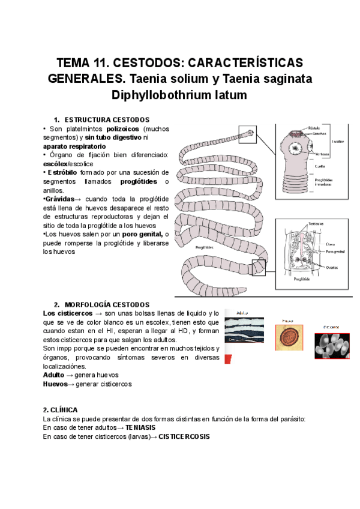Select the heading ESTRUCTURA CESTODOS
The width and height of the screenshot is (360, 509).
[107, 120]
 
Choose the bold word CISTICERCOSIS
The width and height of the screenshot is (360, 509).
[185, 436]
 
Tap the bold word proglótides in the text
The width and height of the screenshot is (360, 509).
[139, 181]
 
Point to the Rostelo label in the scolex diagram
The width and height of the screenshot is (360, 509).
[314, 127]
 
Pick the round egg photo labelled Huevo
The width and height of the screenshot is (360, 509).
[288, 337]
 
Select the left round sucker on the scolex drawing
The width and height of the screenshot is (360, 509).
[296, 149]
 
